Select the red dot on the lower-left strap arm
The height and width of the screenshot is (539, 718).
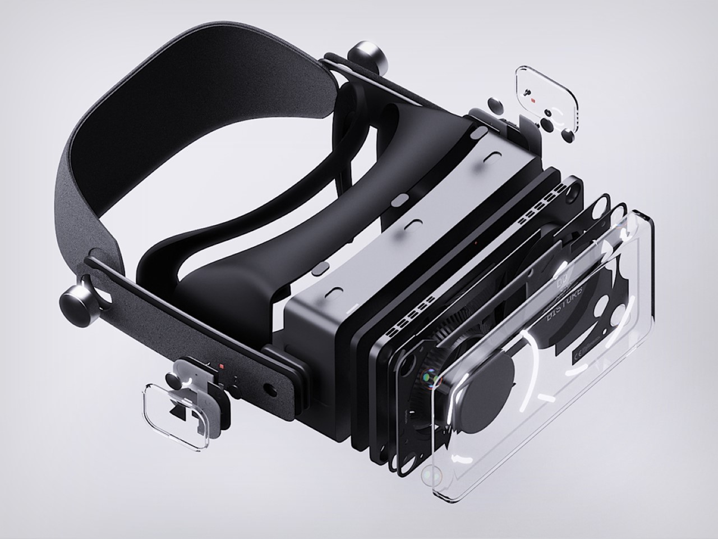point(222,367)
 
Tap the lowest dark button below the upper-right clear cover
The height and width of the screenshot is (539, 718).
point(567,135)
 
